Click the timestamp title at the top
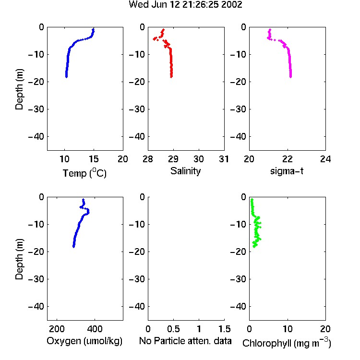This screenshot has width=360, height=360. (185, 4)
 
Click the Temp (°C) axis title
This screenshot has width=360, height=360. (84, 173)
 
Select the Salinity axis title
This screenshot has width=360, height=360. (185, 171)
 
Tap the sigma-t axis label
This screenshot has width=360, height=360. (287, 171)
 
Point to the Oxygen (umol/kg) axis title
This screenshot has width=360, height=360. (84, 341)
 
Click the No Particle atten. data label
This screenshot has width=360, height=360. (185, 341)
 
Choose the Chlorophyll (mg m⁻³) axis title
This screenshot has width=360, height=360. (287, 343)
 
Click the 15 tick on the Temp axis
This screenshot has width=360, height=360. (94, 159)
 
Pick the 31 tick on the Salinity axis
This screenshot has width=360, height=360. (224, 159)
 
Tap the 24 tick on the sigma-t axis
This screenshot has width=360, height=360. (325, 159)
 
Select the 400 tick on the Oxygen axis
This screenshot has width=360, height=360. (95, 329)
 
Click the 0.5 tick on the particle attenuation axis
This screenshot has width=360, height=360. (173, 329)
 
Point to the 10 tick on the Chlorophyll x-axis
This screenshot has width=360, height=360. (288, 329)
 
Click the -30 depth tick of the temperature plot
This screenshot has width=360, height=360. (36, 109)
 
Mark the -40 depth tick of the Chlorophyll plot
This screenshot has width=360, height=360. (238, 306)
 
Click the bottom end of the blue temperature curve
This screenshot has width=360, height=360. (66, 77)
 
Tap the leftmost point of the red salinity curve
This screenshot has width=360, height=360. (154, 39)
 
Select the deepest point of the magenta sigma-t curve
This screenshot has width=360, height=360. (290, 77)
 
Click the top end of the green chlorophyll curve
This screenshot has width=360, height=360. (252, 200)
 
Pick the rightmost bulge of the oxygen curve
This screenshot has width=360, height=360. (88, 212)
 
